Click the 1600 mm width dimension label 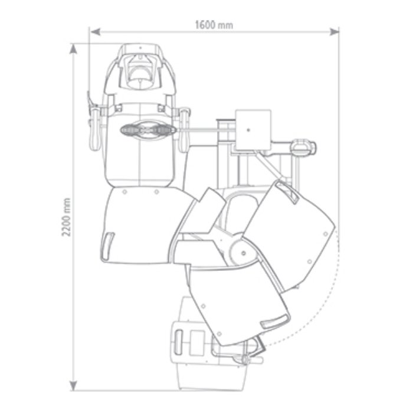(x=214, y=25)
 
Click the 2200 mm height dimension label (x=66, y=217)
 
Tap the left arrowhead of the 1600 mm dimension (x=95, y=32)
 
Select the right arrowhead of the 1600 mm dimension (x=334, y=32)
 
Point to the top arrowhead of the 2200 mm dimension (x=73, y=49)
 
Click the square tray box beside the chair (x=253, y=130)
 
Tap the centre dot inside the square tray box (x=248, y=130)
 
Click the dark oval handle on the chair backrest (x=147, y=130)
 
